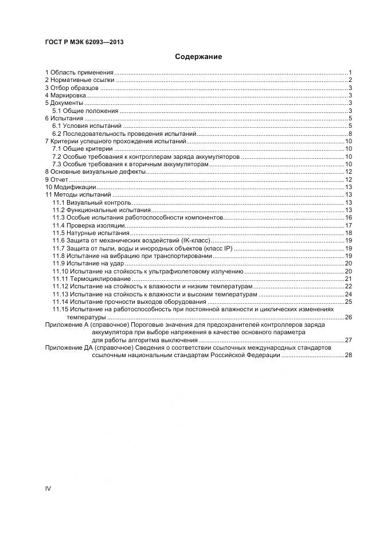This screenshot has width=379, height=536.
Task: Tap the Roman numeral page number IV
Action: [x=48, y=488]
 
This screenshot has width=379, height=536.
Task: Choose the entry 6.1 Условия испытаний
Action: [x=87, y=126]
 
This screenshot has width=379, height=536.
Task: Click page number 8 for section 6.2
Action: [x=349, y=134]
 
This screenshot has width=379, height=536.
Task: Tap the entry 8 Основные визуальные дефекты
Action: [x=95, y=172]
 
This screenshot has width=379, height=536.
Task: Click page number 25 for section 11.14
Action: [x=347, y=302]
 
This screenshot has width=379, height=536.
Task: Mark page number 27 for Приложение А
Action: [x=347, y=340]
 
